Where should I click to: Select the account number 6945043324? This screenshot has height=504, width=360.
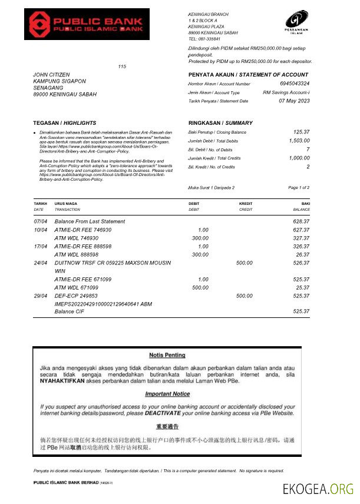tap(295, 84)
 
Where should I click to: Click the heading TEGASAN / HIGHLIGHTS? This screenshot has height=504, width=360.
tap(57, 123)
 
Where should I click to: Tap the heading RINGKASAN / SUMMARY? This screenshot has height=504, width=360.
tap(220, 123)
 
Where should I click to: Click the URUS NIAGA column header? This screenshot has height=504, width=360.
tap(66, 204)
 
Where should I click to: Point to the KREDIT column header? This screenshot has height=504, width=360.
tap(246, 204)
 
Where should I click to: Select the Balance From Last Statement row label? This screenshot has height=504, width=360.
tap(90, 221)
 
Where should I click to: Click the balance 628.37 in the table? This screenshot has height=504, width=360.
tap(301, 221)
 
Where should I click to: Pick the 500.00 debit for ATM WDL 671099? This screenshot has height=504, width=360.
tap(200, 287)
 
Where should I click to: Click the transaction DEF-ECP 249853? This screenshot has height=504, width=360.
tap(76, 296)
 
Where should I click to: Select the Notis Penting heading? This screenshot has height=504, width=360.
tap(167, 355)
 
